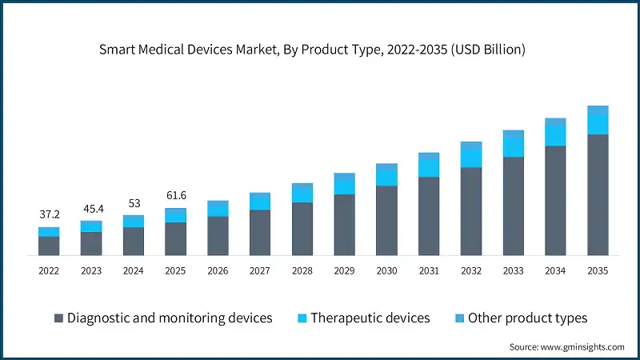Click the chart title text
(312, 49)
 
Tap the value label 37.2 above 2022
(49, 214)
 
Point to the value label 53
(133, 202)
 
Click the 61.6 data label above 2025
(175, 195)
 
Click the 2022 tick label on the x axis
(49, 271)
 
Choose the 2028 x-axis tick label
(302, 271)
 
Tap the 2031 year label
(429, 271)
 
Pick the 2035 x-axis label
(598, 271)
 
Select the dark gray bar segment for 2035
(598, 195)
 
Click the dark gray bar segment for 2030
(386, 221)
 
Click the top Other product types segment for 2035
(598, 109)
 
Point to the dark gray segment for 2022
(49, 246)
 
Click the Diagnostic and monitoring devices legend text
(170, 318)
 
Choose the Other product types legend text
(527, 318)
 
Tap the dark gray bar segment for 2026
(218, 236)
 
